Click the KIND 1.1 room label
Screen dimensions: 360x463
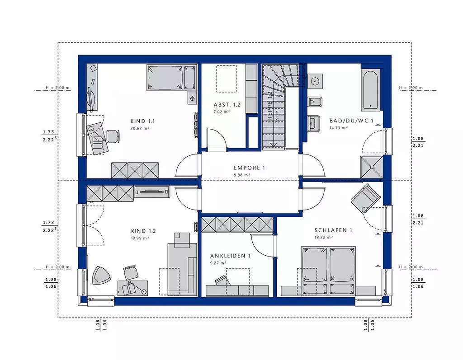point(142,121)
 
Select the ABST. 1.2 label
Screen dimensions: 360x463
point(227,104)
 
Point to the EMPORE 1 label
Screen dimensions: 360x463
point(249,168)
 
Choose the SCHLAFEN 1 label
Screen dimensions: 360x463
point(333,230)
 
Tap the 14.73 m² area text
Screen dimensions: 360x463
point(338,128)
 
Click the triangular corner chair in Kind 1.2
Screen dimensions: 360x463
point(101,275)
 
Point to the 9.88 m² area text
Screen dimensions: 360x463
point(242,174)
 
